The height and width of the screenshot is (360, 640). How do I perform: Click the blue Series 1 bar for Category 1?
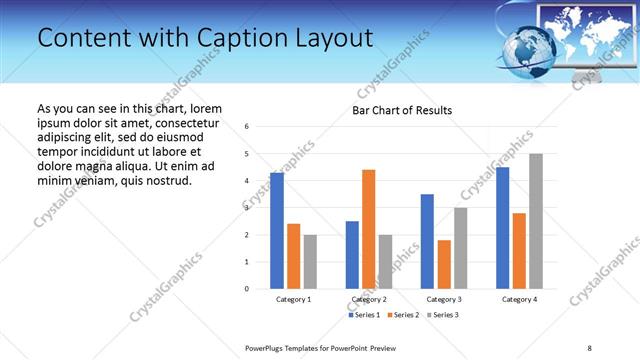click(x=277, y=231)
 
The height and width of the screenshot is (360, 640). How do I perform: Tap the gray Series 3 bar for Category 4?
click(x=536, y=221)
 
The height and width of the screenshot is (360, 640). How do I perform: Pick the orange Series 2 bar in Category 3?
click(x=444, y=264)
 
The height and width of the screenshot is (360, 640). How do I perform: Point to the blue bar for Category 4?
click(x=502, y=228)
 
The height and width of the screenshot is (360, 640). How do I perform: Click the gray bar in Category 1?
click(x=310, y=262)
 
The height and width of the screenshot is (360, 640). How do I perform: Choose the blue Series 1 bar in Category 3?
click(x=427, y=241)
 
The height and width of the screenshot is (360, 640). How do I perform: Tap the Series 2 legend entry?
click(x=402, y=315)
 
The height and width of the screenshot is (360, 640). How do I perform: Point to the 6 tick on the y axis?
click(x=247, y=126)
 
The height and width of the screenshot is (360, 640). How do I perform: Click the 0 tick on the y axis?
click(x=247, y=289)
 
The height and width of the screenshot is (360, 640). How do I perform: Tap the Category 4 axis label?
click(x=519, y=299)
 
